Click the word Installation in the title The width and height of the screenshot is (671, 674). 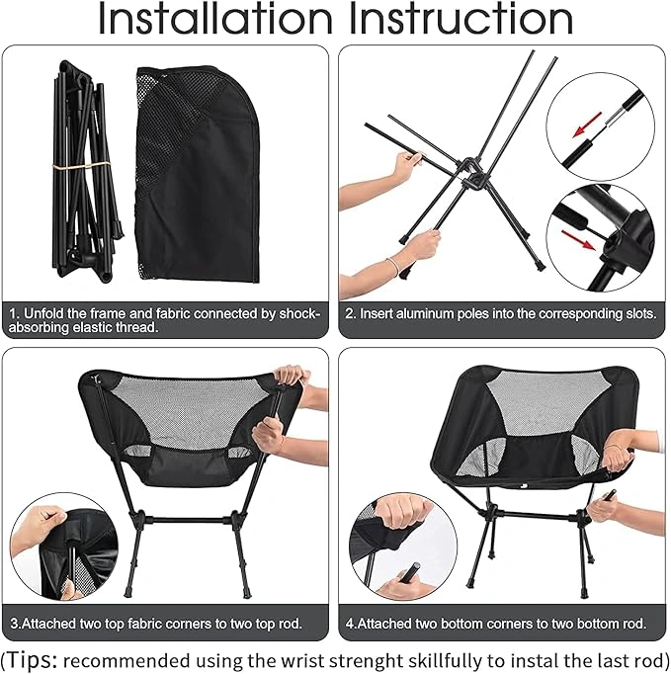tap(215, 19)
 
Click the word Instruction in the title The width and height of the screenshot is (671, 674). tap(463, 19)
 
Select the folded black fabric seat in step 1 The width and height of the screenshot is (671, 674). tap(198, 175)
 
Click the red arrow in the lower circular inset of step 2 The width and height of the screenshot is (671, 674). tap(578, 240)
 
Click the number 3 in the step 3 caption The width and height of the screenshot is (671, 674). tap(14, 625)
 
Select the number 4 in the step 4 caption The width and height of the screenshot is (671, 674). tap(350, 625)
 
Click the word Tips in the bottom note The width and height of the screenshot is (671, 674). tap(32, 661)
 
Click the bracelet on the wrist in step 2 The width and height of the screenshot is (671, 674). tap(392, 265)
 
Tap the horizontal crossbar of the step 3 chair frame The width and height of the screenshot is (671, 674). tap(186, 521)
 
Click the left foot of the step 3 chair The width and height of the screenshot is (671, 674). tap(129, 594)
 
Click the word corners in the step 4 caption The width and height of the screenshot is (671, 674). tap(514, 625)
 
